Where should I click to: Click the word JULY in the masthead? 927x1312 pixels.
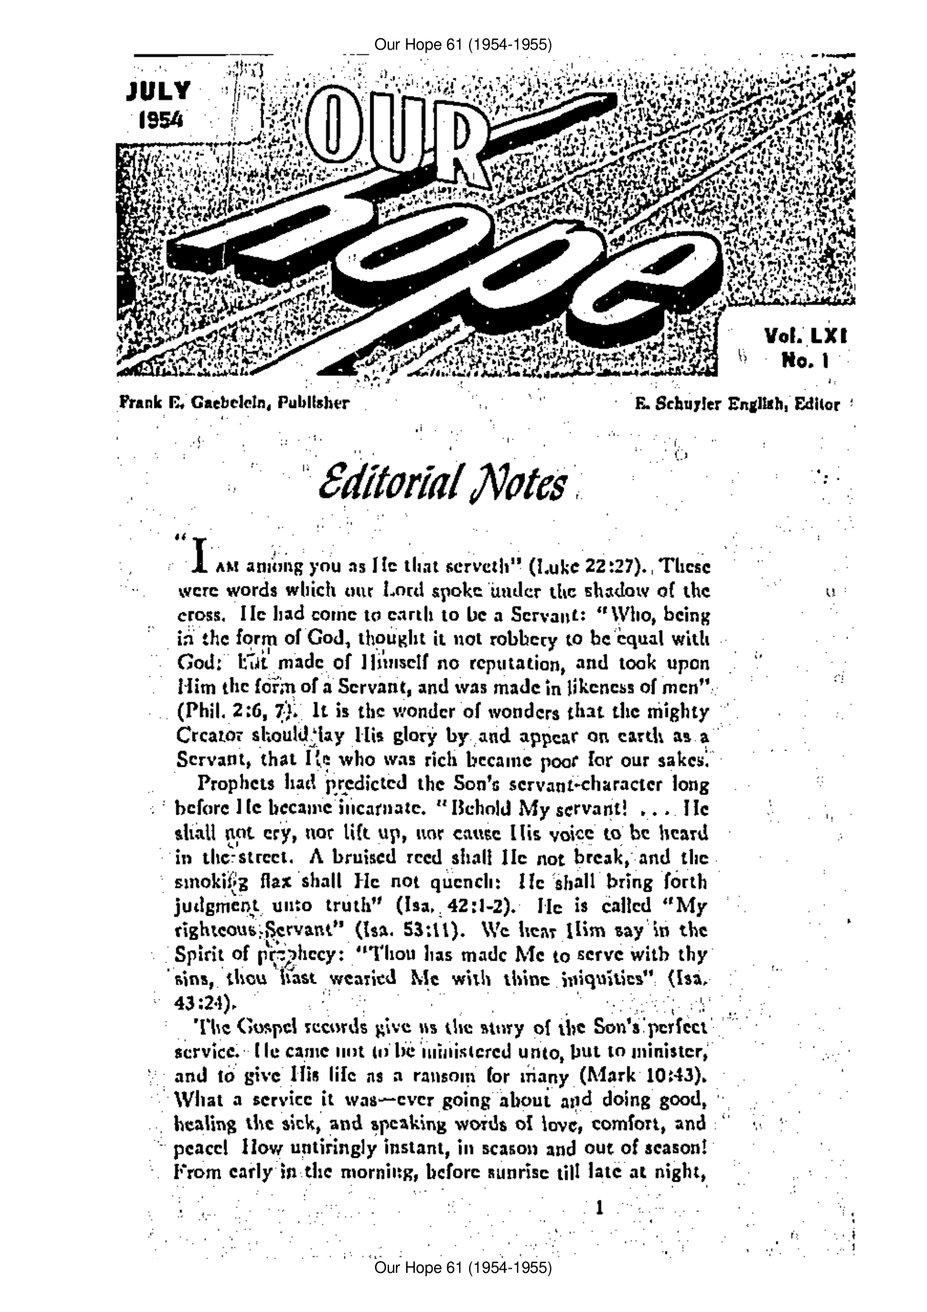(159, 92)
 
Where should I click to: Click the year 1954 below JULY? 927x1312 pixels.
(160, 119)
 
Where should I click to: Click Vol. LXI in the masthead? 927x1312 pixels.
(806, 337)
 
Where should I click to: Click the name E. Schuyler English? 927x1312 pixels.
(707, 404)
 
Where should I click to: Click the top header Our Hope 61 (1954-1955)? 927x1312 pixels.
(463, 44)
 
